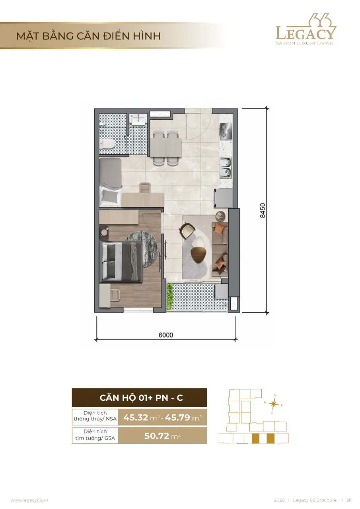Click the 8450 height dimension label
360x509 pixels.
(263, 210)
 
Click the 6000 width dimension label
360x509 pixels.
(166, 335)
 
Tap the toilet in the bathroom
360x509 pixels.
(107, 144)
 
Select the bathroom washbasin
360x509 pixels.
(138, 119)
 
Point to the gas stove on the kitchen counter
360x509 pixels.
(226, 131)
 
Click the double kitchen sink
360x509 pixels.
(225, 167)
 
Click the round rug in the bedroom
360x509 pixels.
(141, 249)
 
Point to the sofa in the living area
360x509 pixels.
(220, 249)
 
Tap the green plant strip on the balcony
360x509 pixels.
(169, 296)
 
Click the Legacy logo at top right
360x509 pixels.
(306, 29)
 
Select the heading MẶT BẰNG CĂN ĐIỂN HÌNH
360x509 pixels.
(89, 36)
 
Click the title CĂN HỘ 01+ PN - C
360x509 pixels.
(141, 398)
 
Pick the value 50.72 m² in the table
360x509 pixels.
(162, 435)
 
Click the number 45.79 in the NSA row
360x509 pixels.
(177, 418)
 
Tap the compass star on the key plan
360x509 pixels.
(274, 404)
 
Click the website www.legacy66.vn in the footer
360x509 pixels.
(29, 500)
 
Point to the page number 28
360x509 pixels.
(349, 500)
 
